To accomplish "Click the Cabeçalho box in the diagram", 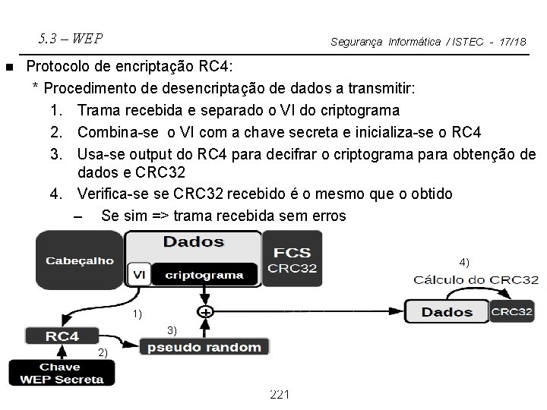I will tap(80, 260).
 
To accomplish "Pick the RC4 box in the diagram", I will tap(62, 335).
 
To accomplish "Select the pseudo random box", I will tap(204, 347).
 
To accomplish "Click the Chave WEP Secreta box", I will tap(62, 372).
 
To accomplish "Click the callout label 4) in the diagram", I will tap(464, 262).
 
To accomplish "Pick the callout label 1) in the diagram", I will tap(137, 313).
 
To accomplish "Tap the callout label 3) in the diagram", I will tap(172, 330).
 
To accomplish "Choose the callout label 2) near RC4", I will tap(103, 353).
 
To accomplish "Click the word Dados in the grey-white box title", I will tap(194, 242).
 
